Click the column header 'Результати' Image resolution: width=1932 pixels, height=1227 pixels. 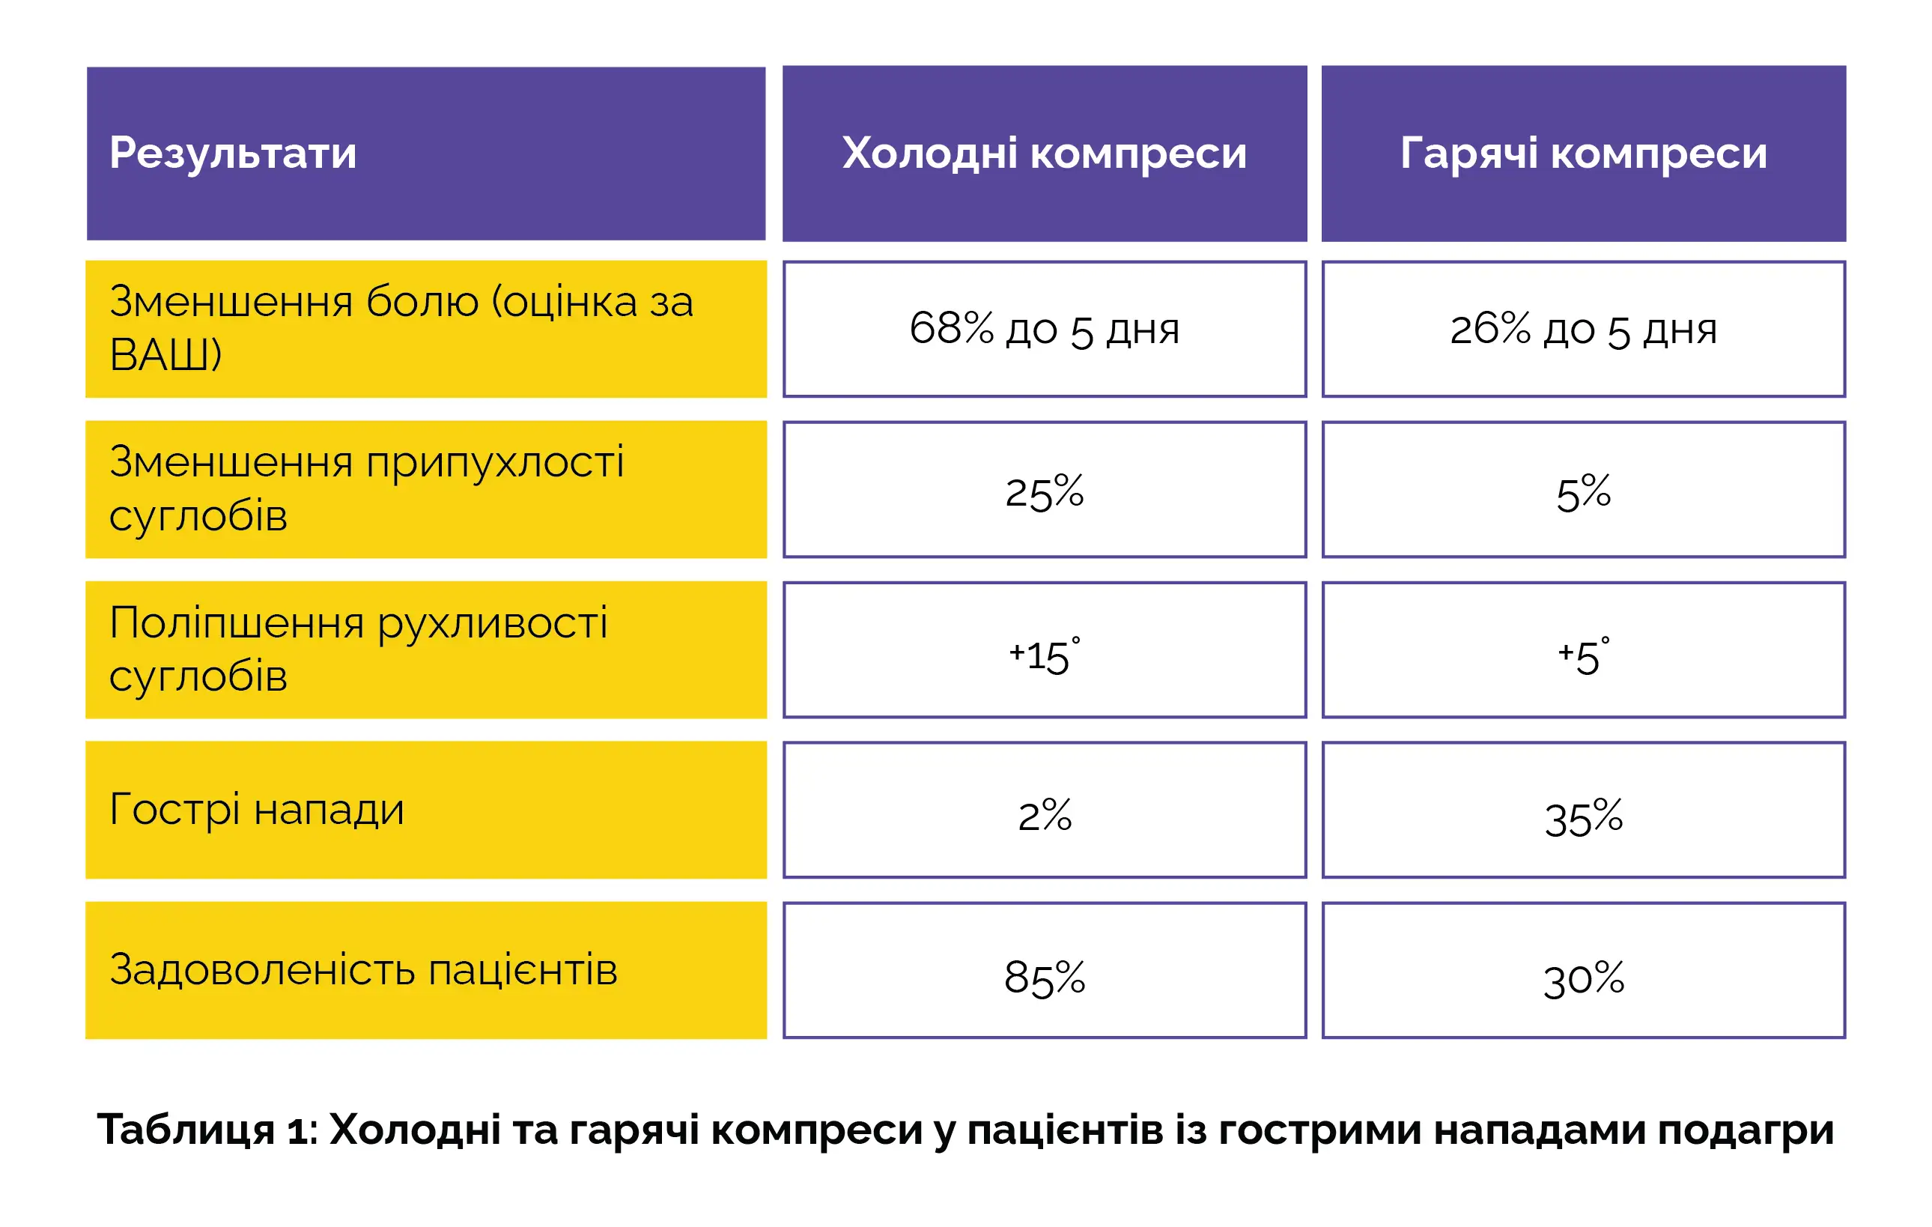[x=233, y=154]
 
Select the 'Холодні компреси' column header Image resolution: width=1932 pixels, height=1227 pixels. [x=1045, y=154]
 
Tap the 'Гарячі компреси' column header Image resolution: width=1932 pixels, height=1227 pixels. [x=1584, y=154]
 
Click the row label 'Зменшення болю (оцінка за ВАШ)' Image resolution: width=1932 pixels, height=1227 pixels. [x=401, y=328]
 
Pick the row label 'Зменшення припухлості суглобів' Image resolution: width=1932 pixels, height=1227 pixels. [x=367, y=488]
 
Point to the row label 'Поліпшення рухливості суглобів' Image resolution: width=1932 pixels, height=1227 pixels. [x=359, y=649]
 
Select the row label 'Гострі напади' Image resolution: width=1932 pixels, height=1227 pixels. [x=257, y=810]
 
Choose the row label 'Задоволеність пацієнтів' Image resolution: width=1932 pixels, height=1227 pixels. [x=363, y=970]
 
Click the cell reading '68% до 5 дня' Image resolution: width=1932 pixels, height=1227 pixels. [x=1045, y=329]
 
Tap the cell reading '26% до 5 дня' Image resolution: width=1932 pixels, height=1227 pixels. [x=1584, y=329]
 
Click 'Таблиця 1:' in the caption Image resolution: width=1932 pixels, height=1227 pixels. [x=208, y=1129]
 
